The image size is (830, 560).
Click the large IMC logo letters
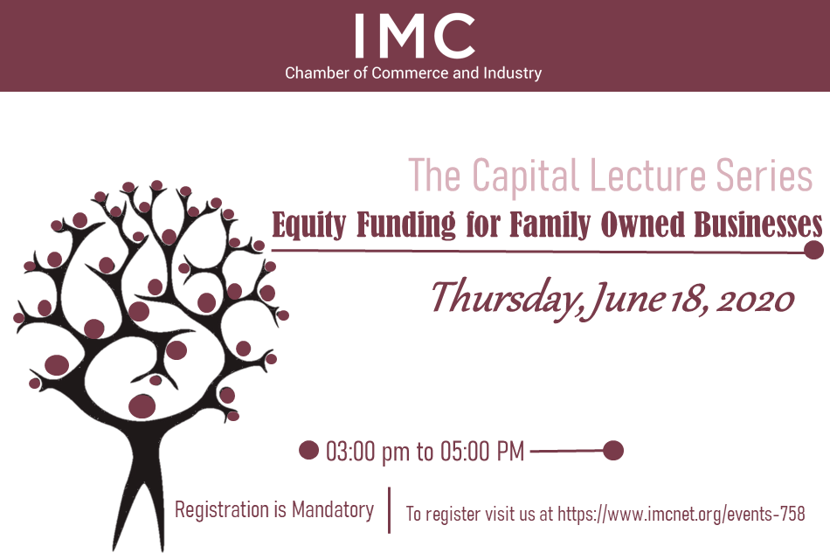[x=415, y=36]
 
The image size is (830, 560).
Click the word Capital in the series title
[x=524, y=176]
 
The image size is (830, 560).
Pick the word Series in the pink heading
[x=764, y=176]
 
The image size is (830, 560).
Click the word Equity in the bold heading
[x=309, y=225]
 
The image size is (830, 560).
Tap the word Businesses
[x=758, y=225]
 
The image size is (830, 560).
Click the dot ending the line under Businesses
[x=813, y=251]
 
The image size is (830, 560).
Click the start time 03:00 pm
[x=367, y=452]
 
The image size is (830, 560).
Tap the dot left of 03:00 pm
[x=308, y=451]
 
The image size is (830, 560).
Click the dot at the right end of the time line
[x=613, y=451]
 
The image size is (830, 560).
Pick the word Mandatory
[x=333, y=509]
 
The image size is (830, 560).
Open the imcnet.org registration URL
[x=681, y=514]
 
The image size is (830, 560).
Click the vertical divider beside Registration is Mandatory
[x=390, y=510]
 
